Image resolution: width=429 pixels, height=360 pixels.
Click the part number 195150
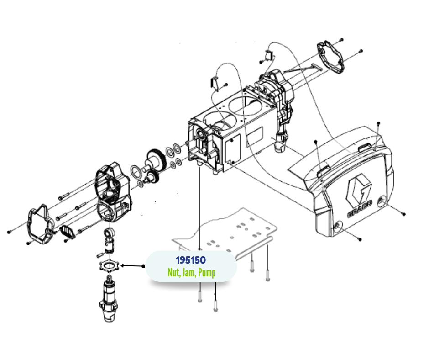pyautogui.click(x=191, y=260)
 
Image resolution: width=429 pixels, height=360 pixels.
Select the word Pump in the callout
pyautogui.click(x=207, y=273)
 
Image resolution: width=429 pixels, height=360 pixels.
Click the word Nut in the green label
pyautogui.click(x=174, y=272)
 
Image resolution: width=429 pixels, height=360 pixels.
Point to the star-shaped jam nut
pyautogui.click(x=110, y=266)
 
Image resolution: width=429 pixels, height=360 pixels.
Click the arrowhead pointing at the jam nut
pyautogui.click(x=123, y=265)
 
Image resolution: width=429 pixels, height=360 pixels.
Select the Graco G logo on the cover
pyautogui.click(x=359, y=189)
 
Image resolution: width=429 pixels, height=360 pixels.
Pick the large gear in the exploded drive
pyautogui.click(x=157, y=161)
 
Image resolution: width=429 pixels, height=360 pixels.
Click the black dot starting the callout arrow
pyautogui.click(x=144, y=266)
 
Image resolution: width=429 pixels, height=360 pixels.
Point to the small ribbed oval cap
pyautogui.click(x=67, y=232)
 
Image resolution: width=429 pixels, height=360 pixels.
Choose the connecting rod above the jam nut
pyautogui.click(x=109, y=241)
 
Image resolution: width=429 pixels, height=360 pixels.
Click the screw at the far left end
pyautogui.click(x=9, y=232)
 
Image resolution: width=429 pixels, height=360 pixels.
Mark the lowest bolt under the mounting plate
pyautogui.click(x=215, y=306)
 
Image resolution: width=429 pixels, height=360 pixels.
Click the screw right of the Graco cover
pyautogui.click(x=403, y=214)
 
